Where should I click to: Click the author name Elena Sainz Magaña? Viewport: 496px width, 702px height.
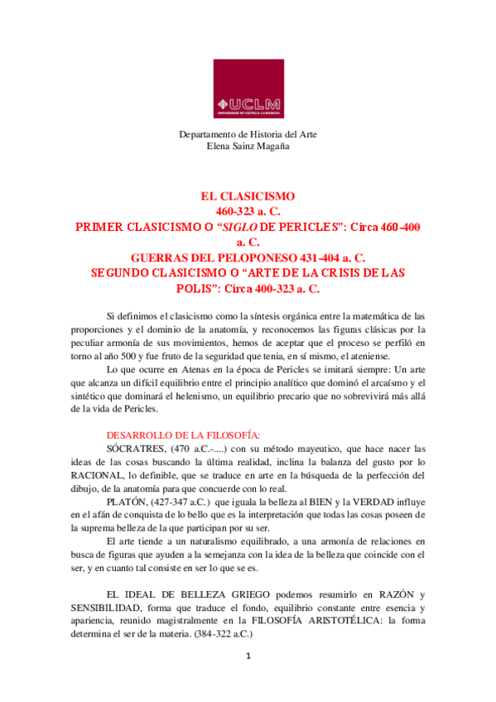tap(248, 146)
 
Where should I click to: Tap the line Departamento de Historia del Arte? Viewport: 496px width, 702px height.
tap(248, 134)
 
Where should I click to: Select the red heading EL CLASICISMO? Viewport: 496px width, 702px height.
tap(248, 196)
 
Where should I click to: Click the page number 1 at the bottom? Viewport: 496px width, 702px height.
tap(248, 680)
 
